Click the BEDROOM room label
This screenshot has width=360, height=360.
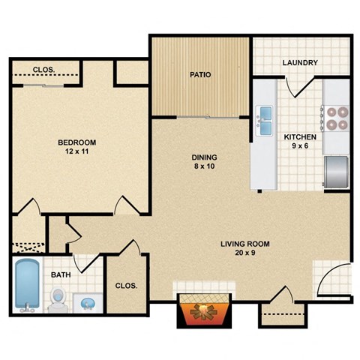78,142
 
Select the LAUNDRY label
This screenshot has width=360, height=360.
300,63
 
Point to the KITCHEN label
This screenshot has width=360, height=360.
299,137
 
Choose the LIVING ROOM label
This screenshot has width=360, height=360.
244,244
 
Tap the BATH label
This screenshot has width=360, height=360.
61,274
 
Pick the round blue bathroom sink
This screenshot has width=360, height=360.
88,303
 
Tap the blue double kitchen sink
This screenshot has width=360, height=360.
264,121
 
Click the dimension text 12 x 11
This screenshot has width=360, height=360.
78,151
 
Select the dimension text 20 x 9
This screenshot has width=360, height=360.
244,253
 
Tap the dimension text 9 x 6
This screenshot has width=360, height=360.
299,147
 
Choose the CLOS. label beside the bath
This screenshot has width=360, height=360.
125,286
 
